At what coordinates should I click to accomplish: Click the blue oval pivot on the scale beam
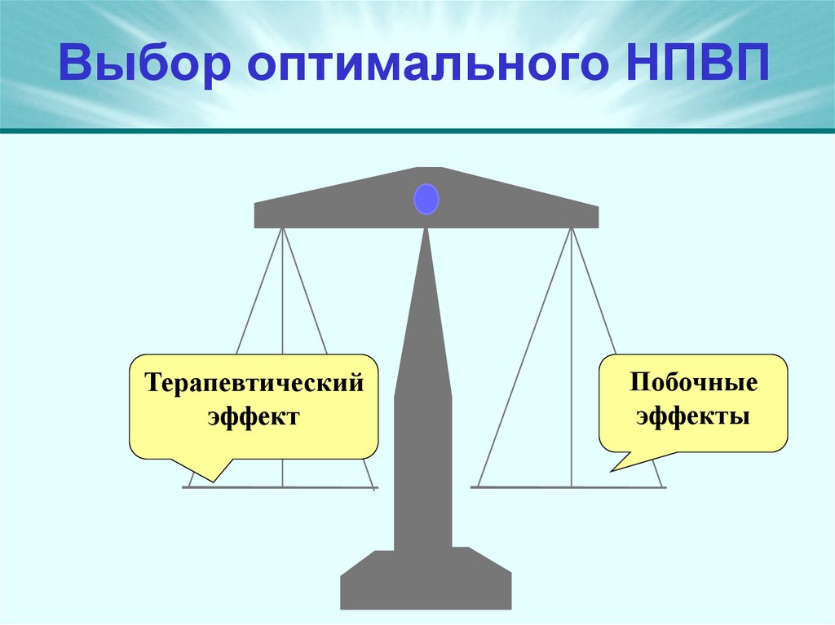[x=426, y=200]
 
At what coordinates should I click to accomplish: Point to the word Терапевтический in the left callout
[x=254, y=383]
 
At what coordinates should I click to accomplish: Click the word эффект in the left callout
[x=254, y=416]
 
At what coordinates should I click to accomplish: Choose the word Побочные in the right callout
[x=693, y=383]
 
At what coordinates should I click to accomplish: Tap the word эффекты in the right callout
[x=693, y=416]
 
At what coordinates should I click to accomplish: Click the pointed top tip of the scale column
[x=425, y=232]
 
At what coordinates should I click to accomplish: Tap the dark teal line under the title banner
[x=417, y=130]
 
